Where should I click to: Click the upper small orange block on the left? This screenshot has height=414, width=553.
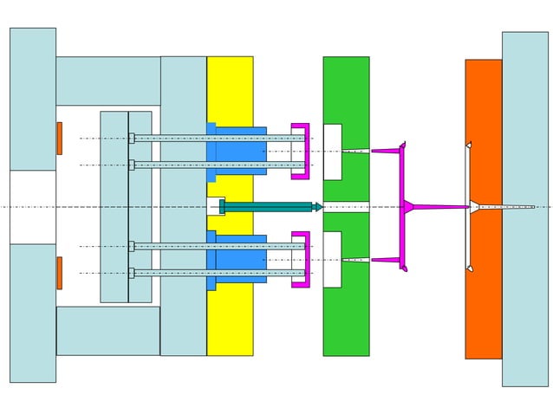59,139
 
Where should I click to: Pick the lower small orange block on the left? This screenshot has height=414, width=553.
59,273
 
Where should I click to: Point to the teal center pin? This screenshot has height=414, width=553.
269,206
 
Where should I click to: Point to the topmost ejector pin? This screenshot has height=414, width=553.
217,138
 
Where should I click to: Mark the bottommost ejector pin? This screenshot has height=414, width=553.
217,273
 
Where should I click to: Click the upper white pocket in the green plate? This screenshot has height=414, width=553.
332,152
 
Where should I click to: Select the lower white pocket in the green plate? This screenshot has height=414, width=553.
332,260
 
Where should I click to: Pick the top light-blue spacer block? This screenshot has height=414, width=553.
107,81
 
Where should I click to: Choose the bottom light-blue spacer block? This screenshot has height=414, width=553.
107,330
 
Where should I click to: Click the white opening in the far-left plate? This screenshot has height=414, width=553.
32,206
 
